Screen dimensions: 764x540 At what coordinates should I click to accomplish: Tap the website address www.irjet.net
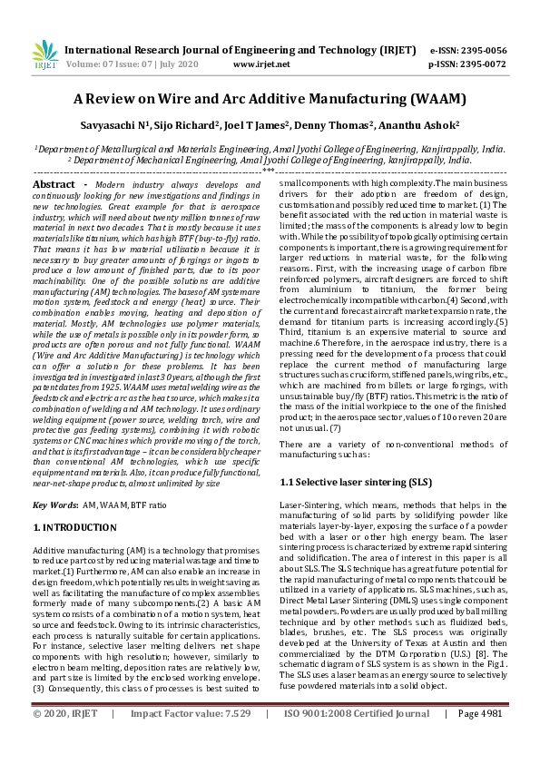click(261, 64)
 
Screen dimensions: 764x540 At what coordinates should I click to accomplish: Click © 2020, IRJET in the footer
click(65, 740)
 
